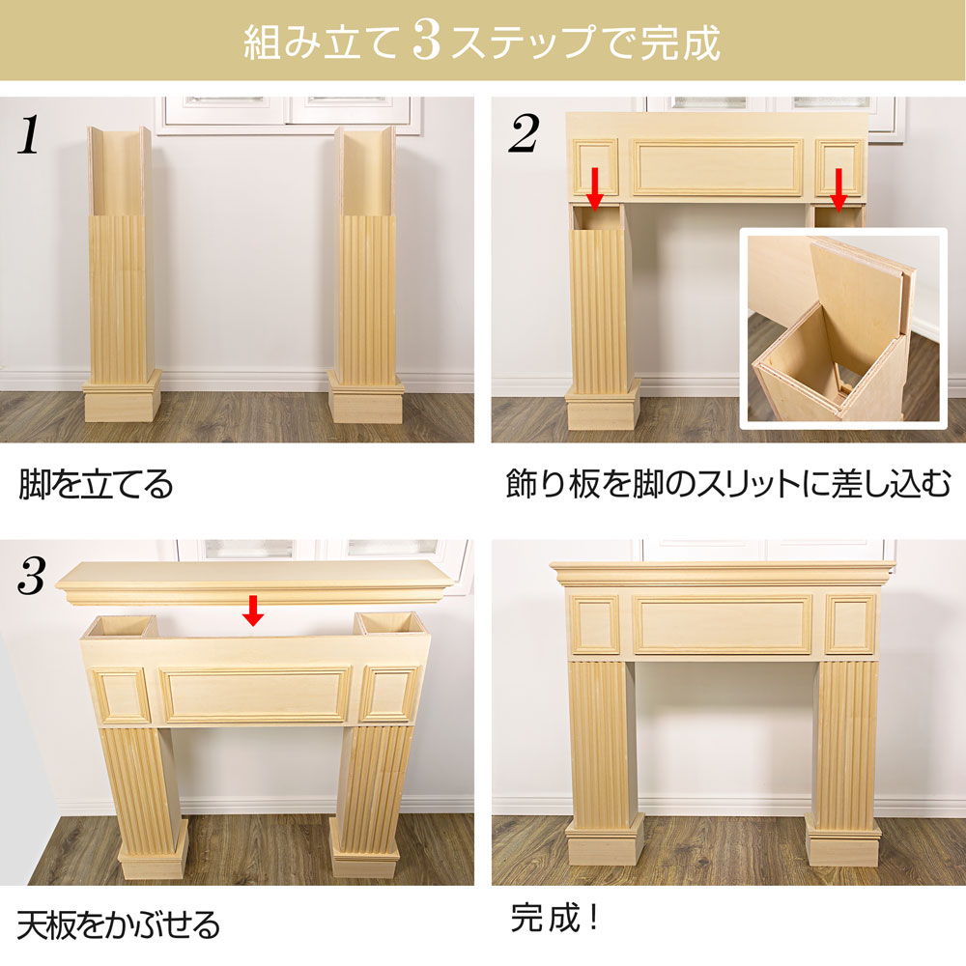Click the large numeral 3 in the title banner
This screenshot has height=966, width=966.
427,41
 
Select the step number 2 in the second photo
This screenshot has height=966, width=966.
524,133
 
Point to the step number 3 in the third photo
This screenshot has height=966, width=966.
32,576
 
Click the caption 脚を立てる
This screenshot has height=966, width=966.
96,484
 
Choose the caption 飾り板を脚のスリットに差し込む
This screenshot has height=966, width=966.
728,484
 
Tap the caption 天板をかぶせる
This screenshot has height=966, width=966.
118,924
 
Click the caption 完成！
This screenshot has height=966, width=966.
554,918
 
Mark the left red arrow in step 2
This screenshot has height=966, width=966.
594,188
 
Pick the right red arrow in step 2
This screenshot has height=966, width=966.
838,188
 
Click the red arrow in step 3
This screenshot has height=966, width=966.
252,610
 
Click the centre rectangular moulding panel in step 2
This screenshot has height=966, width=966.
718,167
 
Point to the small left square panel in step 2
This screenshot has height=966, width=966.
595,167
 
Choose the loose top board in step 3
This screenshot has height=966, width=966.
255,582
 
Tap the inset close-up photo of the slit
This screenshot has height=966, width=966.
842,328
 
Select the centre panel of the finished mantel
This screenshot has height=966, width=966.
722,625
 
